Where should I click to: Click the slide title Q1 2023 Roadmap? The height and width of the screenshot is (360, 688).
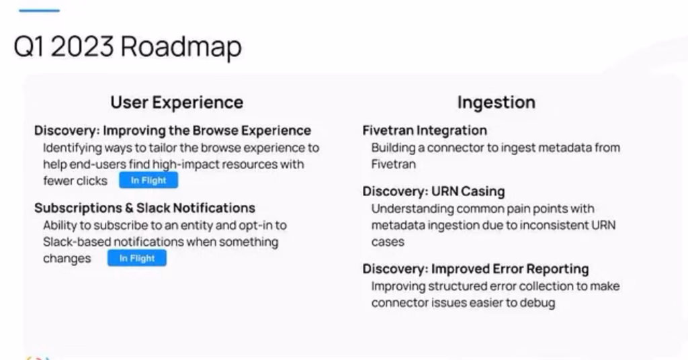pyautogui.click(x=128, y=46)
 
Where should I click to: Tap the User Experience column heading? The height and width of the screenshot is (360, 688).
pyautogui.click(x=177, y=103)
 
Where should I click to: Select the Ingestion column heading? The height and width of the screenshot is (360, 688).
pyautogui.click(x=497, y=102)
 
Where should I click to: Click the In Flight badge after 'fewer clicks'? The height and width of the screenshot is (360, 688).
pyautogui.click(x=148, y=180)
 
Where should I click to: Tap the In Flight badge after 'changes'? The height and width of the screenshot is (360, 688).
pyautogui.click(x=137, y=259)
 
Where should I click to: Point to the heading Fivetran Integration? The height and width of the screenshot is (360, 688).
pyautogui.click(x=425, y=130)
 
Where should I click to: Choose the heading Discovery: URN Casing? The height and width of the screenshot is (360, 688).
pyautogui.click(x=433, y=191)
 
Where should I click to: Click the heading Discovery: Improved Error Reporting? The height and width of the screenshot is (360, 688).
pyautogui.click(x=476, y=269)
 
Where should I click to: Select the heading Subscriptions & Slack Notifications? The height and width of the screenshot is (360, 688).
pyautogui.click(x=145, y=208)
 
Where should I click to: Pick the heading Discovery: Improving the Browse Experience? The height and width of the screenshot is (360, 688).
pyautogui.click(x=173, y=130)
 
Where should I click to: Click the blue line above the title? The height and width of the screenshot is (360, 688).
pyautogui.click(x=40, y=11)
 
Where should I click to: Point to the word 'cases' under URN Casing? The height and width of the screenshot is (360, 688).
pyautogui.click(x=388, y=242)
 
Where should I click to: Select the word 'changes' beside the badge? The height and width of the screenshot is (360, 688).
pyautogui.click(x=67, y=259)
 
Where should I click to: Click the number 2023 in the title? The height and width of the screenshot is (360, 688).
pyautogui.click(x=82, y=46)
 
